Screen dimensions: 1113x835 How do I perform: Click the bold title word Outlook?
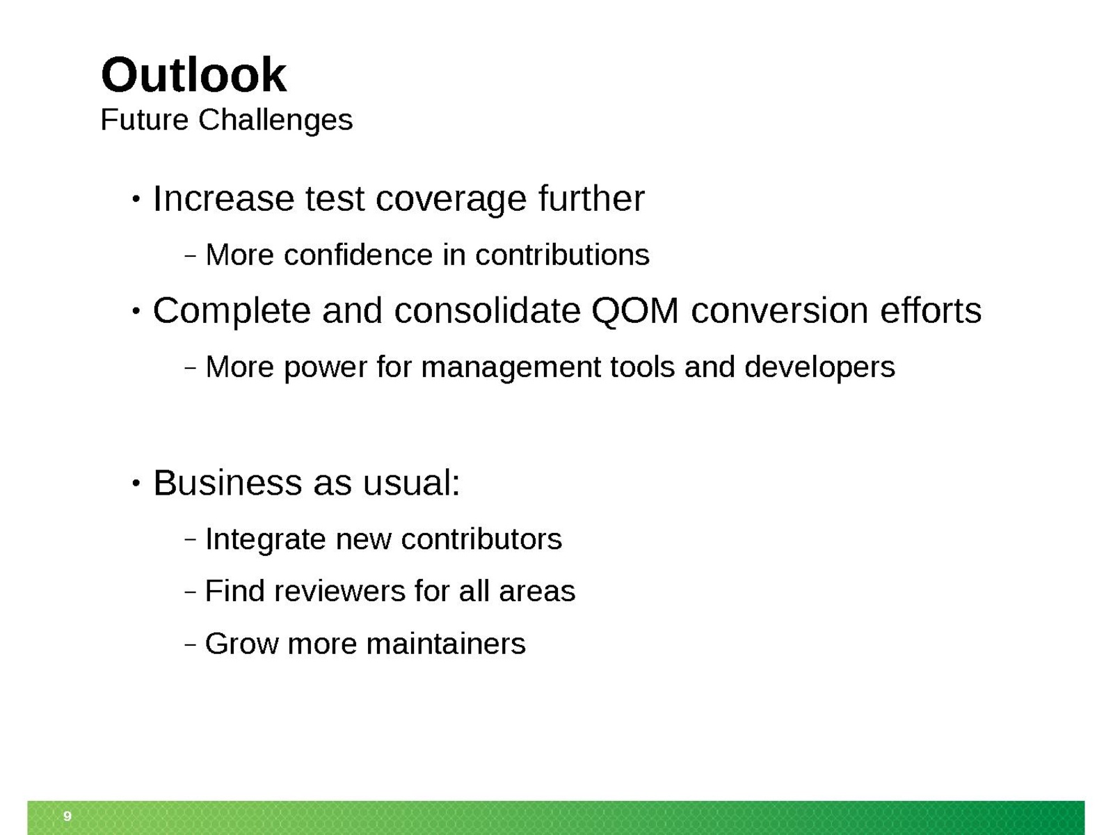193,75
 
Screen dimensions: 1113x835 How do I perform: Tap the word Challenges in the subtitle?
275,120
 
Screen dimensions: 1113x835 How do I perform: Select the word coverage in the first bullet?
451,200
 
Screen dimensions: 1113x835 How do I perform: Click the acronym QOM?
635,311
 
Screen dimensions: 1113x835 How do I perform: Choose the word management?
511,367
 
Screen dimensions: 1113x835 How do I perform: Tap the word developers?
819,367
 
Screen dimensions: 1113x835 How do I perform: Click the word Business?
227,483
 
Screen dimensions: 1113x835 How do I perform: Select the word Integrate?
265,539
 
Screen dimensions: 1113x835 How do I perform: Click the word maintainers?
446,644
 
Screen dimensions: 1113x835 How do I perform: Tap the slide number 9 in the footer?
67,816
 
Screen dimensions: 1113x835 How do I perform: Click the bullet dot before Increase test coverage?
136,199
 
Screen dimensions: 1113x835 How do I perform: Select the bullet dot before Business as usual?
136,483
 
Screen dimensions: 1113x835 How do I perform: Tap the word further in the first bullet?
591,198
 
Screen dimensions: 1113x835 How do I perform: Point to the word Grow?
242,644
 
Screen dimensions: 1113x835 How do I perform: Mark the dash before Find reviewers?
190,592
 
